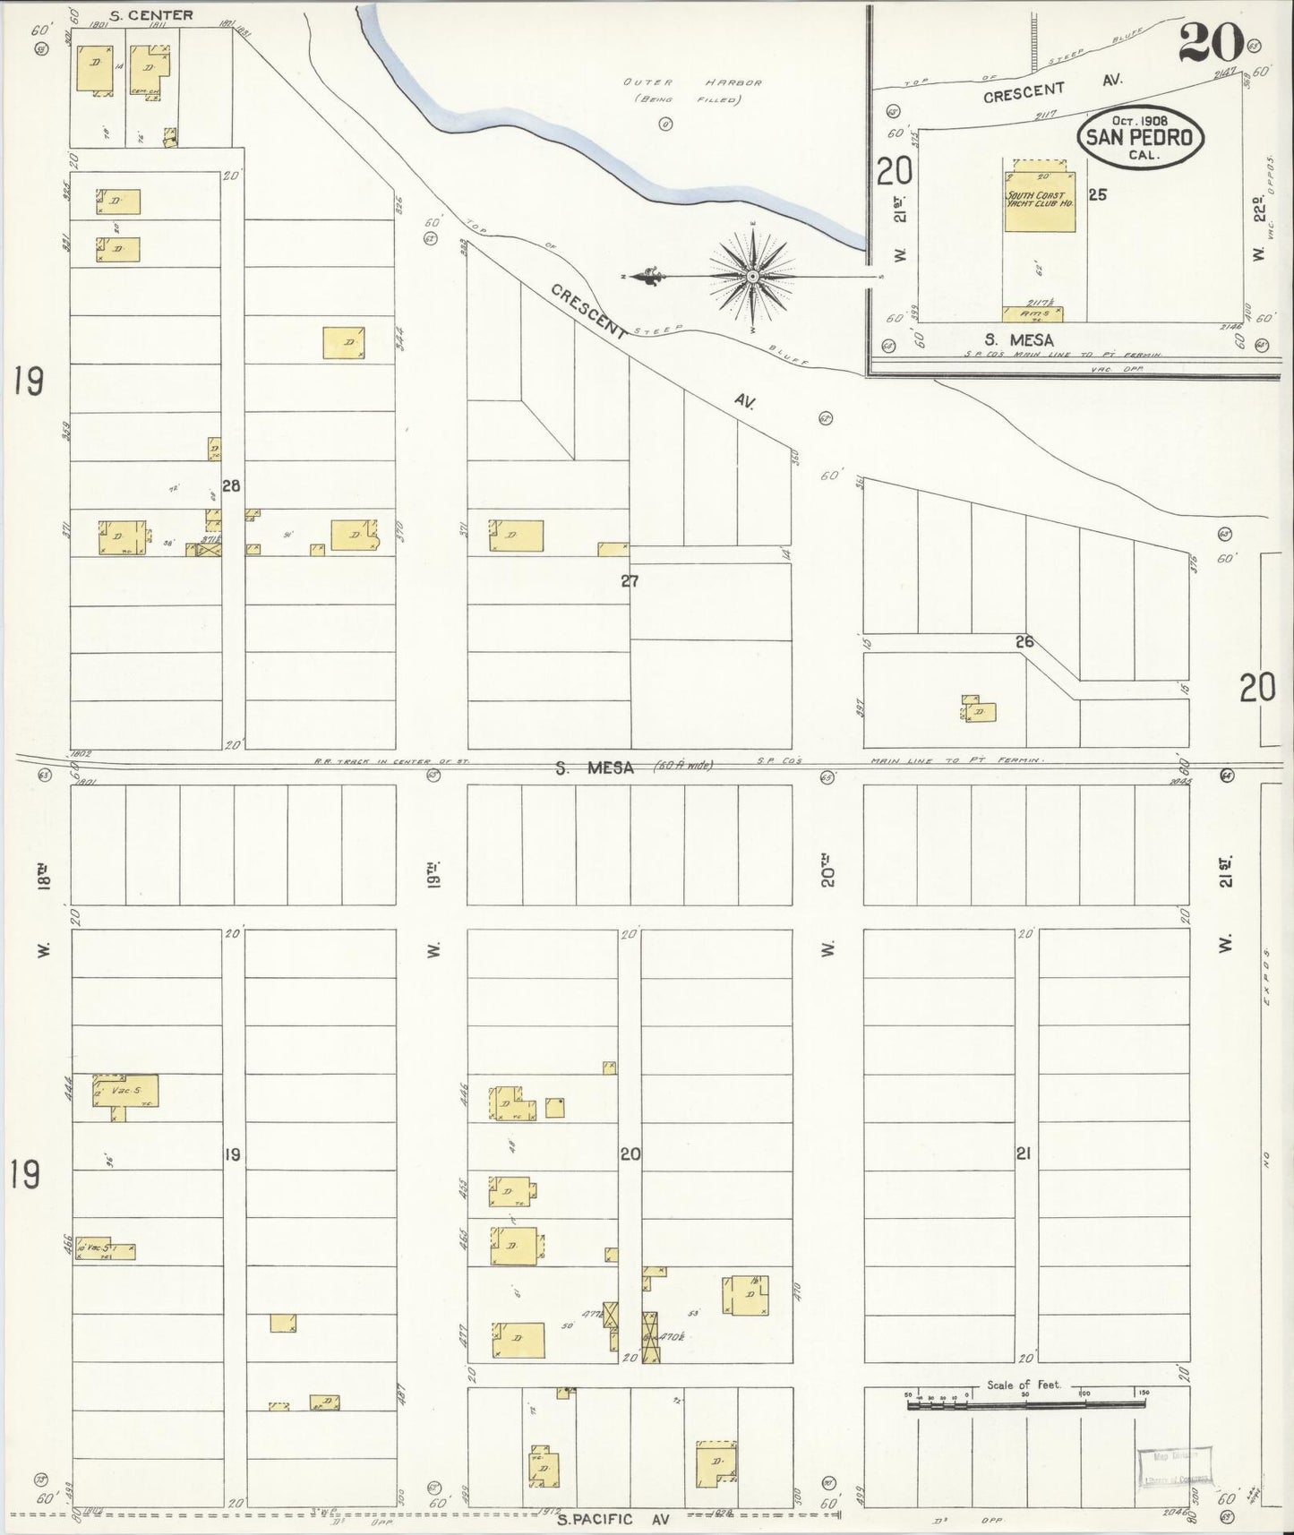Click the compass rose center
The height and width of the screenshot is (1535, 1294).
tap(753, 277)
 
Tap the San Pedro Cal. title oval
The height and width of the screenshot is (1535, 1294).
tap(1139, 138)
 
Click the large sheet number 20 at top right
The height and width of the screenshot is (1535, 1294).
tap(1211, 42)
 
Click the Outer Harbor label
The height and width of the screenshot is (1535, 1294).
tap(692, 82)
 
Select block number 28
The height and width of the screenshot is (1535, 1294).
tap(232, 486)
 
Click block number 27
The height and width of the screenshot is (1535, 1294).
tap(630, 581)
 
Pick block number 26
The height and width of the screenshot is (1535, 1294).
tap(1024, 641)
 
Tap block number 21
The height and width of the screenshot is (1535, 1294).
tap(1023, 1153)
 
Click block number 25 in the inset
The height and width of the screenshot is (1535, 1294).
tap(1098, 194)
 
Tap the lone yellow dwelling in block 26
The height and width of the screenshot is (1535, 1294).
tap(981, 712)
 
